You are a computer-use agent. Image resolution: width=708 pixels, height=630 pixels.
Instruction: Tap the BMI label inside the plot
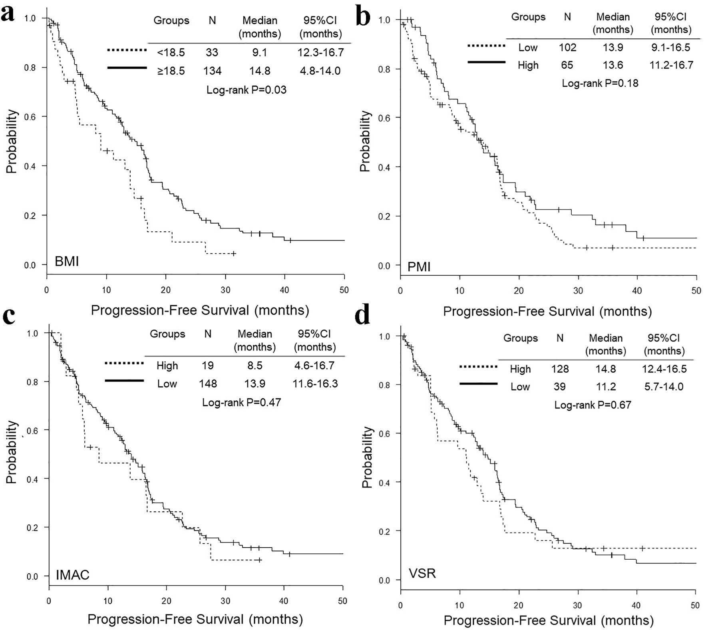click(x=67, y=262)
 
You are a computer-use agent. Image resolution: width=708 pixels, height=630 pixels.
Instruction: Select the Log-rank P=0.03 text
click(x=246, y=90)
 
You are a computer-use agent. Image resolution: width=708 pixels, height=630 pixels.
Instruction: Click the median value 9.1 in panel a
click(x=260, y=52)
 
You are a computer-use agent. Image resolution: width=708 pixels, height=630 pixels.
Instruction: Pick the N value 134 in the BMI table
click(x=212, y=71)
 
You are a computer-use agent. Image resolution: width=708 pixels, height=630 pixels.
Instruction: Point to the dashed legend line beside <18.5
click(x=127, y=50)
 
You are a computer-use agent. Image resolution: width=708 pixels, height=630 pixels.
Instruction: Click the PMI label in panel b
click(x=419, y=266)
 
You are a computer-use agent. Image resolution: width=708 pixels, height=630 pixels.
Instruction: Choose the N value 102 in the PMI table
click(x=567, y=48)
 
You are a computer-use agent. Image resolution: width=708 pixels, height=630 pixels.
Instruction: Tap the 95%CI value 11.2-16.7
click(x=671, y=65)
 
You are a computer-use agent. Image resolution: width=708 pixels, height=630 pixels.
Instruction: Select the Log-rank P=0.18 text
click(x=600, y=83)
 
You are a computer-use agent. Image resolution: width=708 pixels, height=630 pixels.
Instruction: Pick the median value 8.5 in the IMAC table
click(x=255, y=366)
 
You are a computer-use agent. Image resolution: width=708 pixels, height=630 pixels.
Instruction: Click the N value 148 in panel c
click(x=208, y=384)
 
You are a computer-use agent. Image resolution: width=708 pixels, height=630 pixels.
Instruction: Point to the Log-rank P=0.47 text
click(x=241, y=402)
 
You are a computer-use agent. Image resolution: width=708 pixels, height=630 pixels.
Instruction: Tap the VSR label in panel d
click(x=422, y=574)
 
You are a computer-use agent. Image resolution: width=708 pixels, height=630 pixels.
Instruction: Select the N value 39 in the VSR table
click(x=560, y=387)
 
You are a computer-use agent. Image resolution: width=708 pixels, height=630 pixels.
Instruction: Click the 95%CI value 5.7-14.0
click(x=664, y=387)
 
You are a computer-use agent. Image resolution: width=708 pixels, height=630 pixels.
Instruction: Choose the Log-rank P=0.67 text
click(x=593, y=405)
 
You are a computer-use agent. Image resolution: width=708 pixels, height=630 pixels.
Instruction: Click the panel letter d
click(x=362, y=316)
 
